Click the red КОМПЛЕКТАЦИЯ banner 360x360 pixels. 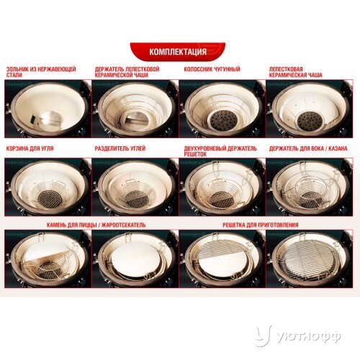click(178, 52)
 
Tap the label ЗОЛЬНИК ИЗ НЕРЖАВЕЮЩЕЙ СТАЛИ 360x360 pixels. click(41, 72)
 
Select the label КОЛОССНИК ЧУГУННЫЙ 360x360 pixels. click(212, 69)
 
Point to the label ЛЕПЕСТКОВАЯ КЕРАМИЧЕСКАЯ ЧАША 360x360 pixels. click(295, 72)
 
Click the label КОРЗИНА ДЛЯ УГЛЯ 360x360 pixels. click(30, 148)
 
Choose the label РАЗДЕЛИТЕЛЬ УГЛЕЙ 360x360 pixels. click(120, 148)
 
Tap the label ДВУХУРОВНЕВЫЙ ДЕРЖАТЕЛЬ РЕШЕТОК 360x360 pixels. click(220, 151)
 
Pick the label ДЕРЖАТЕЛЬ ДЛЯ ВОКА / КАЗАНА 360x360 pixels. click(308, 148)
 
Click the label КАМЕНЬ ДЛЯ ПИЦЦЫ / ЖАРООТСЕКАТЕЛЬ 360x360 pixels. click(96, 225)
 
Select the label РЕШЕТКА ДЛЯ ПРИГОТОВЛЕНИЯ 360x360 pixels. click(261, 225)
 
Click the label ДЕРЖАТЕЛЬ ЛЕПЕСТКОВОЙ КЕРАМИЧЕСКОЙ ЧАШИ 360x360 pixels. click(127, 72)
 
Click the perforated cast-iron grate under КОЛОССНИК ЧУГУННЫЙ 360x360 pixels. click(222, 120)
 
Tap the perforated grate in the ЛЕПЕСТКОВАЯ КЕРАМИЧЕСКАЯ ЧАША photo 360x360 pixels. click(310, 121)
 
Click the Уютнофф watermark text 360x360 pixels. click(309, 337)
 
